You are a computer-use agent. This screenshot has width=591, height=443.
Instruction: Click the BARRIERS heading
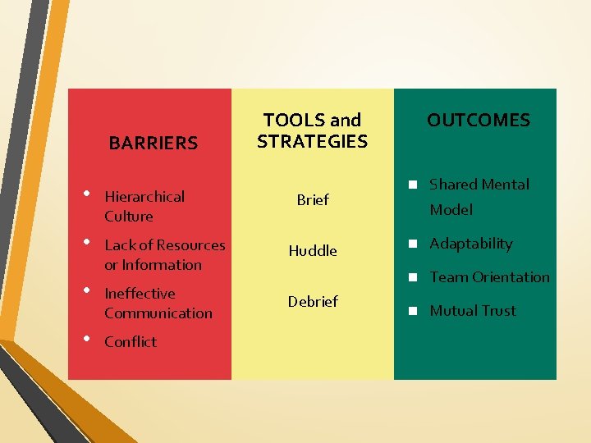point(153,144)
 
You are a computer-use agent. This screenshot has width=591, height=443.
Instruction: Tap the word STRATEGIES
point(312,142)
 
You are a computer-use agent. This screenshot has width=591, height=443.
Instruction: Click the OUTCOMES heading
point(479,121)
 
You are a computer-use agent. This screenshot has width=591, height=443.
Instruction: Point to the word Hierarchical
point(144,197)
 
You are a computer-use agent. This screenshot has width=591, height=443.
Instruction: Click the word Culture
point(129,217)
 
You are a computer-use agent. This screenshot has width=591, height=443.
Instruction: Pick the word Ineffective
point(140,294)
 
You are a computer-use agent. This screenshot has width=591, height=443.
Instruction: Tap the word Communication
point(158,313)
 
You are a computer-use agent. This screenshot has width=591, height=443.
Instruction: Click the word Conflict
point(131,342)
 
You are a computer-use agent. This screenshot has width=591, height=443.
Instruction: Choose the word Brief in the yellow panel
point(313,200)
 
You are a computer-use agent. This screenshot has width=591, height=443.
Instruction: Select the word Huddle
point(313,251)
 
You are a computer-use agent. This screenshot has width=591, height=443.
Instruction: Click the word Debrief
point(313,302)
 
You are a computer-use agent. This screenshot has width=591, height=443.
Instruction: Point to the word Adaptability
point(471,244)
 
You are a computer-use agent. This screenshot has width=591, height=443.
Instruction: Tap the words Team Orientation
point(490,277)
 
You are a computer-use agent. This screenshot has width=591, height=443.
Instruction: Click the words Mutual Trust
point(474,311)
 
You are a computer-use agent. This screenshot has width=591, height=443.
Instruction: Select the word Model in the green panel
point(451,210)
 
